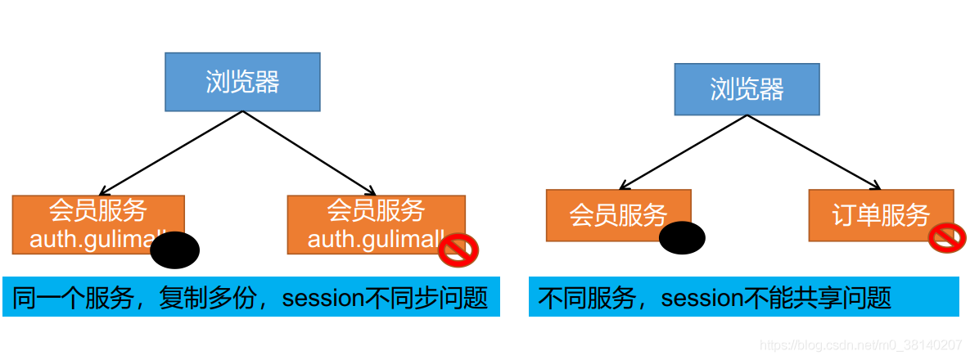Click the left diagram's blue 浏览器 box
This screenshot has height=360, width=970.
pyautogui.click(x=242, y=82)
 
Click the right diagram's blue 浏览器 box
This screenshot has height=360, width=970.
pyautogui.click(x=747, y=89)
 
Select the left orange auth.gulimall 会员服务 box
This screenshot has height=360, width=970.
pyautogui.click(x=90, y=217)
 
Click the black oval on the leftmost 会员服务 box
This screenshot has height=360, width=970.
pyautogui.click(x=175, y=250)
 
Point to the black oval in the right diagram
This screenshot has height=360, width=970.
pyautogui.click(x=682, y=238)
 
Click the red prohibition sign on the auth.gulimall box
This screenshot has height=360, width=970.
pyautogui.click(x=458, y=250)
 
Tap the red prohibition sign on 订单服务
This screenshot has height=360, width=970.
pyautogui.click(x=948, y=237)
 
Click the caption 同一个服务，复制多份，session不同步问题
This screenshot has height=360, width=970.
pyautogui.click(x=251, y=298)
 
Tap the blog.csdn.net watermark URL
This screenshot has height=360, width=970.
pyautogui.click(x=860, y=345)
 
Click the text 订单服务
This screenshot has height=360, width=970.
pyautogui.click(x=881, y=215)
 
